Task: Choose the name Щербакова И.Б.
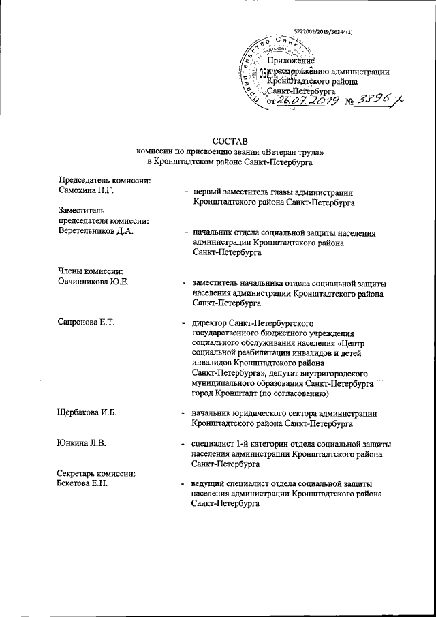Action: [x=89, y=412]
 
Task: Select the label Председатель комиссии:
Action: [x=105, y=180]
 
